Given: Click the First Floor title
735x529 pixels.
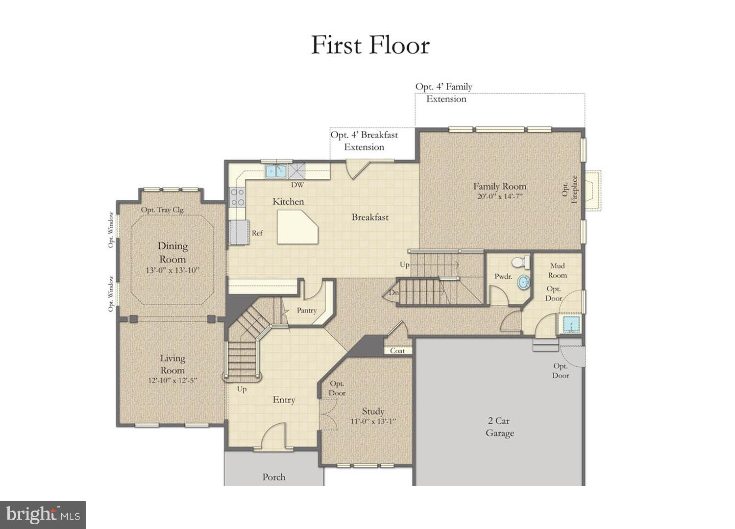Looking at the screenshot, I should [370, 45].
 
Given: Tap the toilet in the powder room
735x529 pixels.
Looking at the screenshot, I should [523, 262].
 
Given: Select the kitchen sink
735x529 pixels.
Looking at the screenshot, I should [276, 171].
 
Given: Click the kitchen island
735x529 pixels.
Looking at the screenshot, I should [296, 227].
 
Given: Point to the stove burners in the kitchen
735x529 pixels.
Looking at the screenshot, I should [238, 197].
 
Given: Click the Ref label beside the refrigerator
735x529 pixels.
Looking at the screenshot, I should [257, 233].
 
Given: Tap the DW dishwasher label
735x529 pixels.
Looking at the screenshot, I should [297, 185].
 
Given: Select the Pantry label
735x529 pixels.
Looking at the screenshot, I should [307, 311].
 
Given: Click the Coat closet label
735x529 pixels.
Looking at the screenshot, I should [397, 351].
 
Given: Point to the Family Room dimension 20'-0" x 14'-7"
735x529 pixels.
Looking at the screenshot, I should [500, 197].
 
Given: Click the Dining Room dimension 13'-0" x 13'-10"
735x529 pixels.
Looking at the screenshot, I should [172, 270].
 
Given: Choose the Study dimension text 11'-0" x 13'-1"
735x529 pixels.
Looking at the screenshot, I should [373, 422].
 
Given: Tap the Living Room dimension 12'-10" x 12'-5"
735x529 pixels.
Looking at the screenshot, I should [172, 381].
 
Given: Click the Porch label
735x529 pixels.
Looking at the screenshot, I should [273, 477].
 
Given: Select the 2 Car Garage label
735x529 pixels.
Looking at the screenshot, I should [499, 427].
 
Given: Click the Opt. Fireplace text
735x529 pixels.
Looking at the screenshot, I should [570, 190].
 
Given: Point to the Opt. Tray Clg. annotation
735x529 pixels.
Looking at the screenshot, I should [163, 210].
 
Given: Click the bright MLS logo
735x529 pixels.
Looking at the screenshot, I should [43, 515].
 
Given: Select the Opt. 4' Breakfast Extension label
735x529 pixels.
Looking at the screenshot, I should [364, 141].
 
